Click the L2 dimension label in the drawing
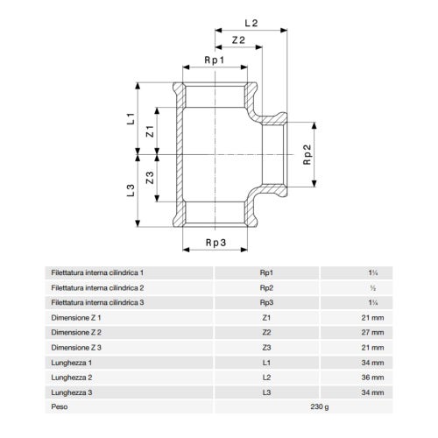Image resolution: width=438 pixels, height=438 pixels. pos(251,23)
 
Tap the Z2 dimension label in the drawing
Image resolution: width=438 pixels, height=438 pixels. pos(238,40)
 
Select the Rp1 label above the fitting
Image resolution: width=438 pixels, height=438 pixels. pos(215,60)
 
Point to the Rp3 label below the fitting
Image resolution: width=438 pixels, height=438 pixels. pos(215,243)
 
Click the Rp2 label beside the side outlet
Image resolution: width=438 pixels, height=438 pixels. pos(307,154)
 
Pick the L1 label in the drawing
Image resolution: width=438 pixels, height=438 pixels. pos(131,118)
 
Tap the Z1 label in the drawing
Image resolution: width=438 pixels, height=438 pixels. pos(150,131)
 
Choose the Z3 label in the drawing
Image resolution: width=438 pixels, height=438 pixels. pos(150,178)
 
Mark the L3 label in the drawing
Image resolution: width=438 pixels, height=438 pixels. pos(131,190)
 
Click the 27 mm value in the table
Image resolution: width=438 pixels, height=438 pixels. pos(372,332)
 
